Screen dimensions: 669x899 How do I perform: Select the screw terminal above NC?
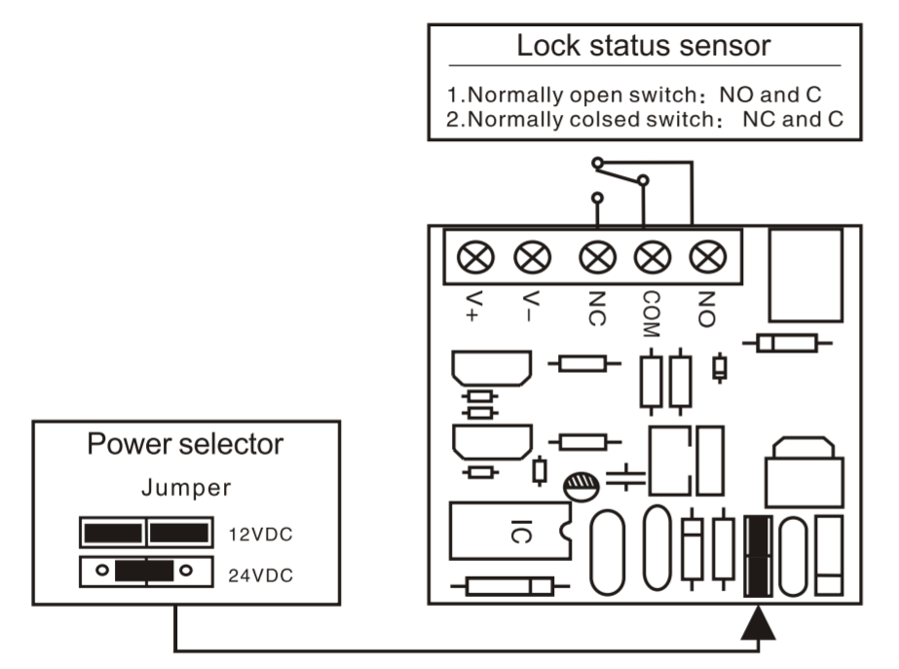[596, 258]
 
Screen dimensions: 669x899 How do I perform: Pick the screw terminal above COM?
[650, 258]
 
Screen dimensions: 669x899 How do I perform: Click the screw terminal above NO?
[703, 258]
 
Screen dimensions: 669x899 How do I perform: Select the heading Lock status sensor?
[644, 46]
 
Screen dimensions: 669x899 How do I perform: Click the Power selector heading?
[185, 445]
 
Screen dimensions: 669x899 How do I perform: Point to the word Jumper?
[185, 487]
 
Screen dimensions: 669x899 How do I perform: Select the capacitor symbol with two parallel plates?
[624, 477]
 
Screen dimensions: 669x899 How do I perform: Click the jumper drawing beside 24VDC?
[145, 571]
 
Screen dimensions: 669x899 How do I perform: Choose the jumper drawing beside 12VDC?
[145, 532]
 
